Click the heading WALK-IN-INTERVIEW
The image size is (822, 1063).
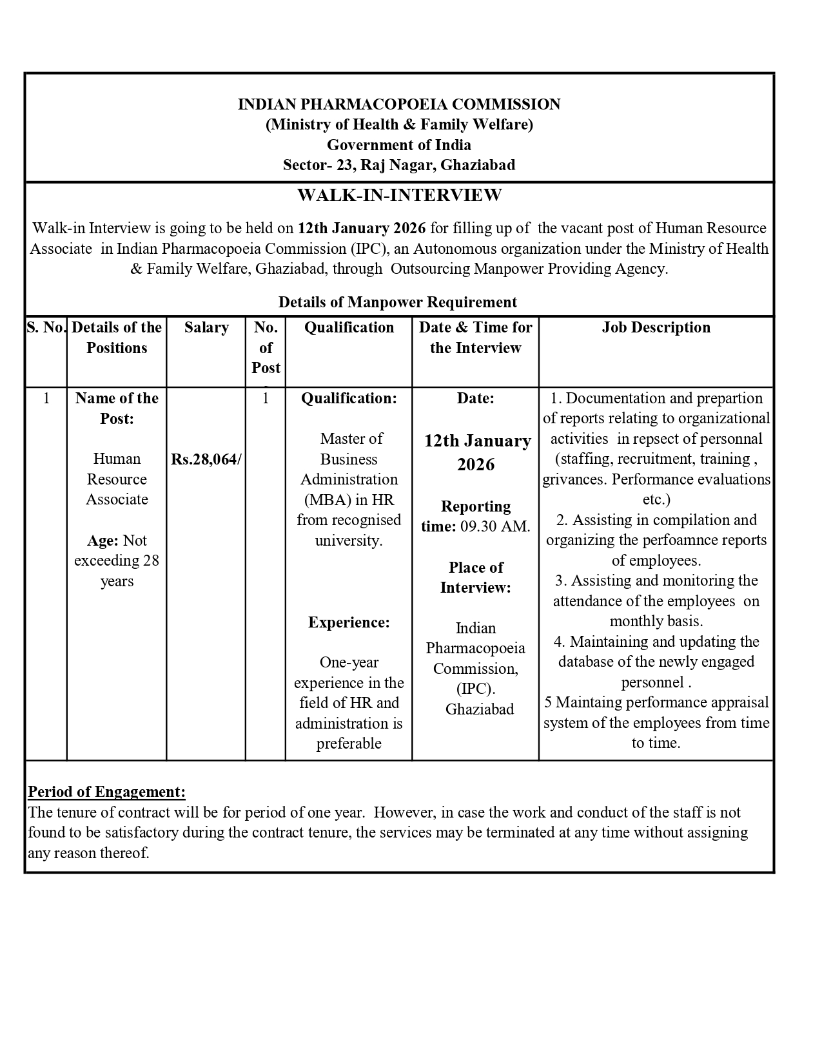[x=399, y=195]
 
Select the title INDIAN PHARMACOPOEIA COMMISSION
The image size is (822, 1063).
[x=399, y=104]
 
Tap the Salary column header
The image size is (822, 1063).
[x=206, y=328]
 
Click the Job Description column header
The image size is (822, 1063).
[x=656, y=328]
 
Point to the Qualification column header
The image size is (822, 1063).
[x=349, y=328]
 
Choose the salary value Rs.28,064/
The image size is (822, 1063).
[x=206, y=459]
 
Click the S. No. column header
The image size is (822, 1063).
[x=46, y=328]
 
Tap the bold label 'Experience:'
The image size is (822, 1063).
[x=349, y=622]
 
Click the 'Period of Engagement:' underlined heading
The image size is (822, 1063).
[x=107, y=792]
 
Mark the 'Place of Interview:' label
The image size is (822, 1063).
[x=476, y=577]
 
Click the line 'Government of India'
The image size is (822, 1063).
[x=399, y=145]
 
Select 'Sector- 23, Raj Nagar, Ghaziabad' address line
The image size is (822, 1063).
[x=399, y=165]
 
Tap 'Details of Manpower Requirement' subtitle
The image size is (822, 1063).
[x=398, y=302]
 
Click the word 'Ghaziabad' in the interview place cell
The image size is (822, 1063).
[x=480, y=709]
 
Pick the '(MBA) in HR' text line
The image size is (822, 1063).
[x=349, y=500]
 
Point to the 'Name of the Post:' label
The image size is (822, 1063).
[x=117, y=408]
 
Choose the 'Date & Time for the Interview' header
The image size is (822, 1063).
[x=476, y=338]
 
